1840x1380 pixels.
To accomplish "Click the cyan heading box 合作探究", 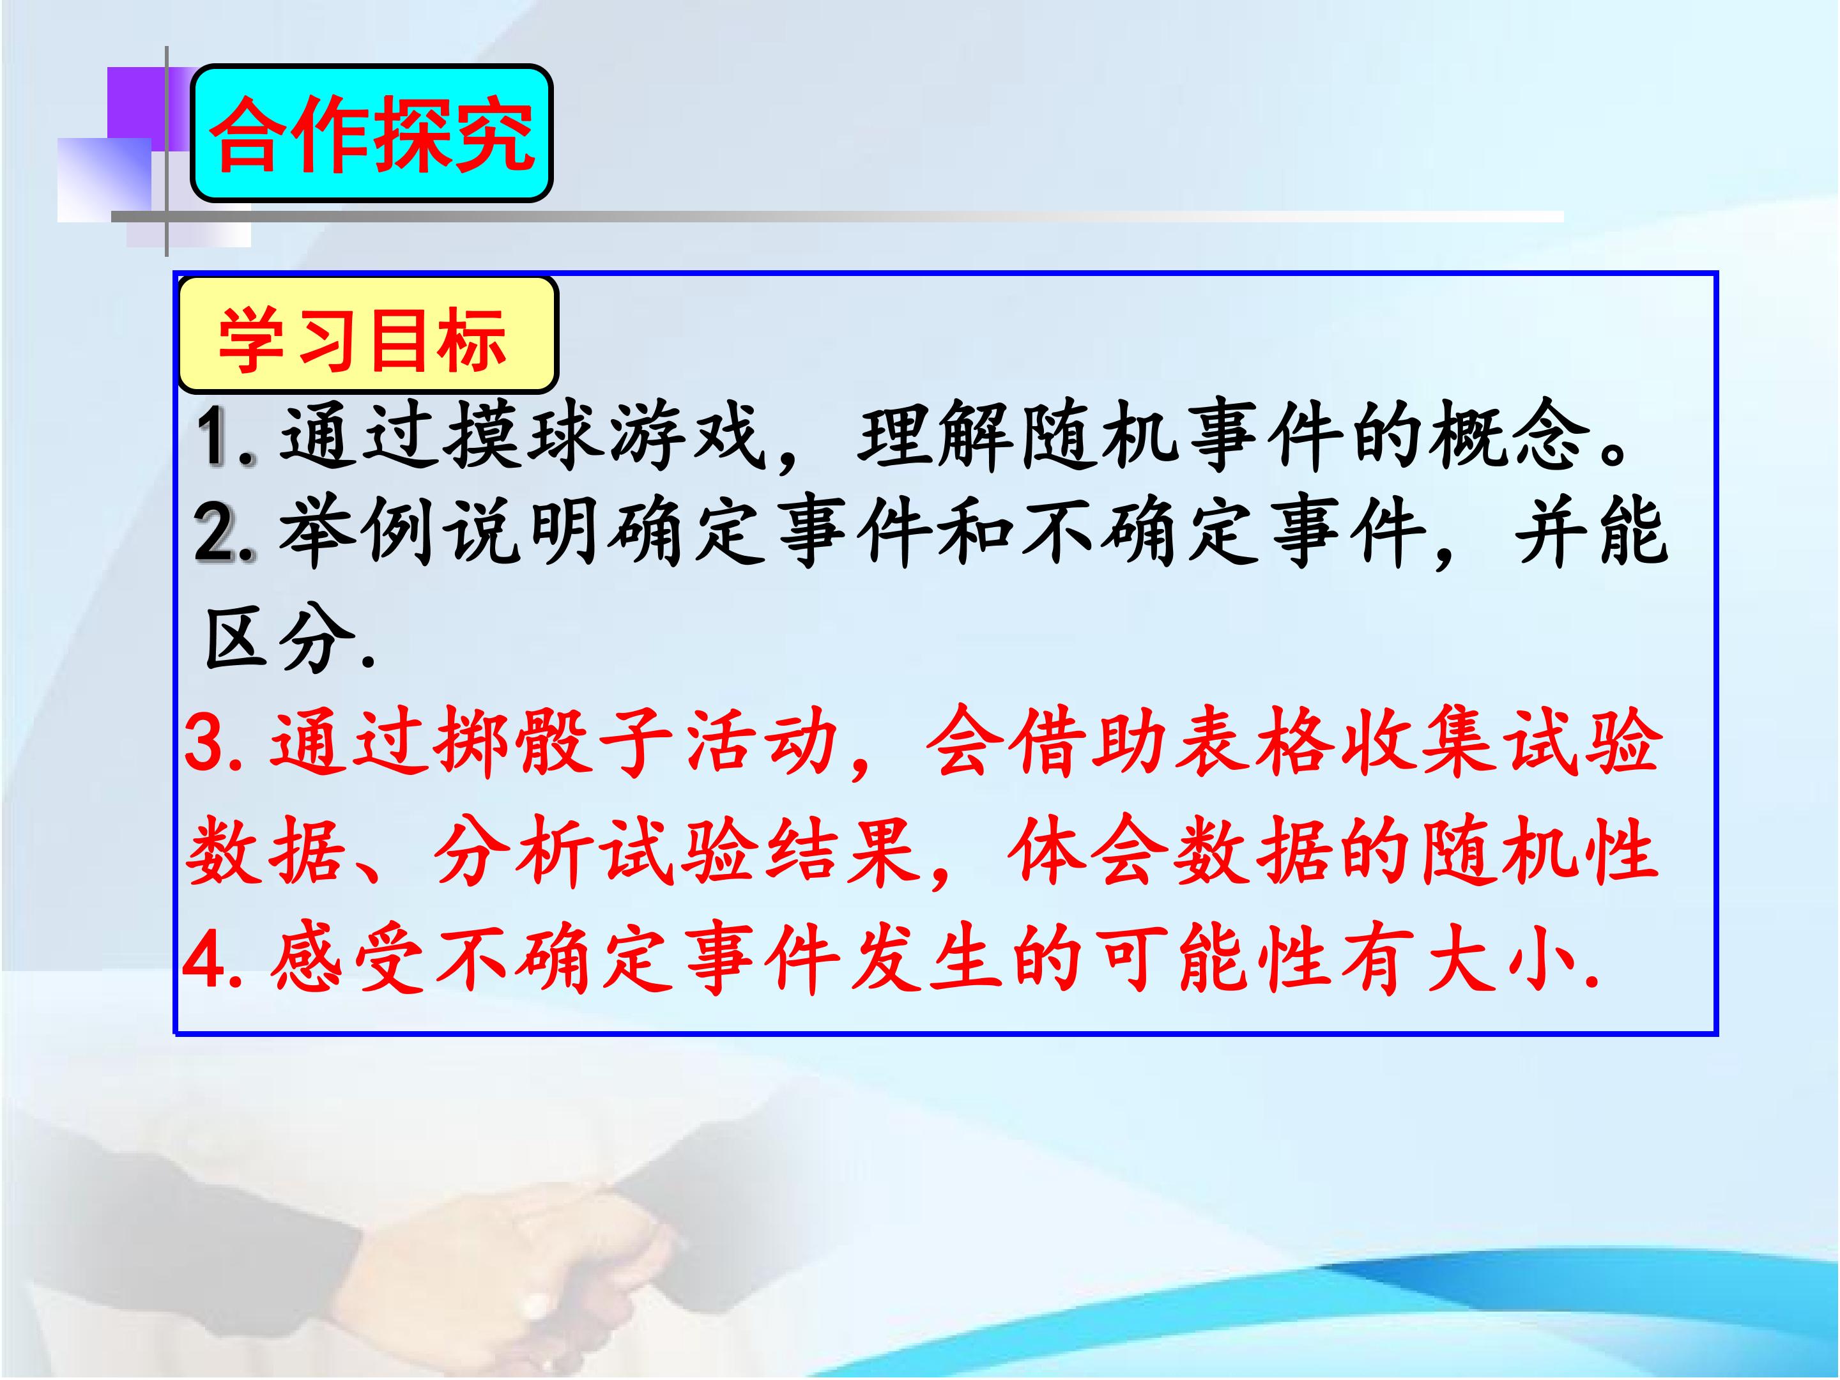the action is tap(372, 133).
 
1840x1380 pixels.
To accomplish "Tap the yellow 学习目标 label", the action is tap(367, 334).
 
